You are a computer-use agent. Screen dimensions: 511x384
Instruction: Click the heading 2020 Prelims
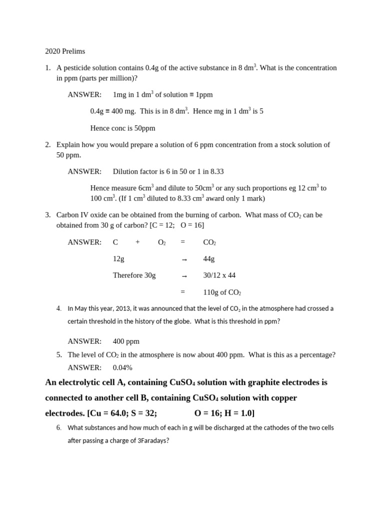click(65, 51)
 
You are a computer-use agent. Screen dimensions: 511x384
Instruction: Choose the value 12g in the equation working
click(118, 259)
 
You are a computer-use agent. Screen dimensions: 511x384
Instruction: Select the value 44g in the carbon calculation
click(209, 259)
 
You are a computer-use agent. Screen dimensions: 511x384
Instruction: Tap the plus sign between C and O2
click(137, 243)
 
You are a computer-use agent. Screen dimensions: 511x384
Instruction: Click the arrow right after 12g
click(184, 259)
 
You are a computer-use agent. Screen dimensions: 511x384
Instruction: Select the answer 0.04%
click(122, 368)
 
